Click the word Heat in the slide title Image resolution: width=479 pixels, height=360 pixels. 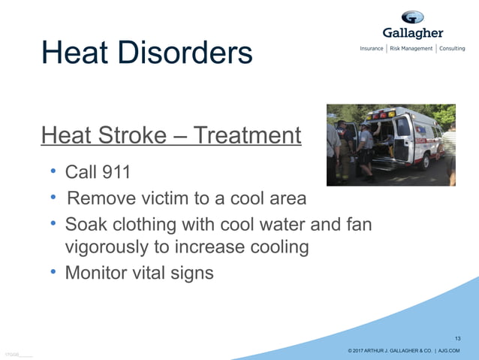point(75,52)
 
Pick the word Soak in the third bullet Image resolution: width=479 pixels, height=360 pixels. point(87,224)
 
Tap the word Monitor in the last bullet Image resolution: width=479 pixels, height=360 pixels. point(98,272)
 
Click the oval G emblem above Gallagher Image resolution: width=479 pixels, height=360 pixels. point(412,17)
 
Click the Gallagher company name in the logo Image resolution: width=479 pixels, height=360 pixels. point(412,33)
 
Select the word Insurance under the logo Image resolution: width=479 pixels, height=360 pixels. point(372,49)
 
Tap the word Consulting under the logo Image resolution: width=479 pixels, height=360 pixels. point(453,49)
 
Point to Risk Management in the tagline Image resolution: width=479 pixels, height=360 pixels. point(411,49)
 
